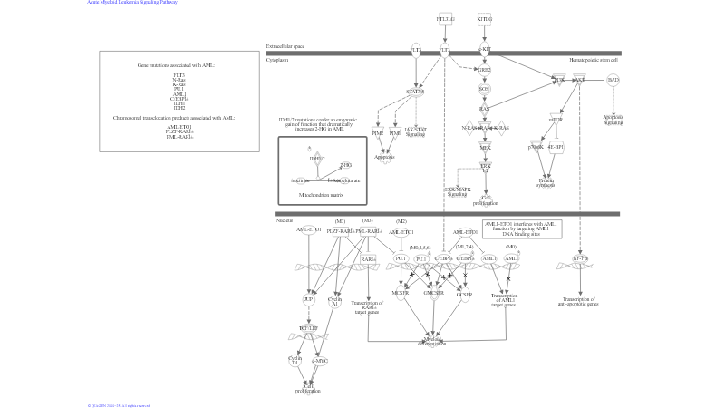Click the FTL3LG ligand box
(445, 18)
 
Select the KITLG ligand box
(484, 18)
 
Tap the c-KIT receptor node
(484, 50)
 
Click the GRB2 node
(484, 70)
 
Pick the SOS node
(484, 89)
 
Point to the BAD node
(614, 80)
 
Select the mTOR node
(556, 119)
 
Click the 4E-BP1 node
(556, 146)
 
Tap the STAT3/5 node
(415, 92)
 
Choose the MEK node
(485, 147)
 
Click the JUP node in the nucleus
(308, 298)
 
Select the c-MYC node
(319, 361)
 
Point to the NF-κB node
(581, 259)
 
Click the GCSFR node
(464, 294)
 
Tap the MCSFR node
(401, 294)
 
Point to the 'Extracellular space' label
(285, 46)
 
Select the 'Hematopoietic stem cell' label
(594, 60)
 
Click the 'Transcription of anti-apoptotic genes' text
(579, 301)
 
